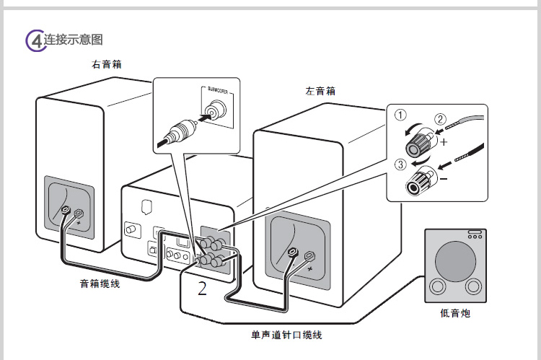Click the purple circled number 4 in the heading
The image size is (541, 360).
click(x=34, y=40)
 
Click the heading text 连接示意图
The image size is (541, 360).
click(x=73, y=39)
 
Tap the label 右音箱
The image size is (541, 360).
click(x=107, y=65)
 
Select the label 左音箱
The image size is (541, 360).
click(x=320, y=92)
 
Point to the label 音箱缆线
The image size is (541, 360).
click(x=100, y=284)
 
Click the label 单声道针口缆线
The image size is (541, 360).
click(x=286, y=335)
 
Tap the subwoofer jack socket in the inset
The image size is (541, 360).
click(x=212, y=111)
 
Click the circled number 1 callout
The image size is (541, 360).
click(x=400, y=114)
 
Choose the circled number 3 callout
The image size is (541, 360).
click(x=400, y=165)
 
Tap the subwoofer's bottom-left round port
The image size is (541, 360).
click(x=436, y=286)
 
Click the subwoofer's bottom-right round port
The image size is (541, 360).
click(x=473, y=286)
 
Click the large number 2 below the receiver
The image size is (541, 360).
click(x=203, y=289)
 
